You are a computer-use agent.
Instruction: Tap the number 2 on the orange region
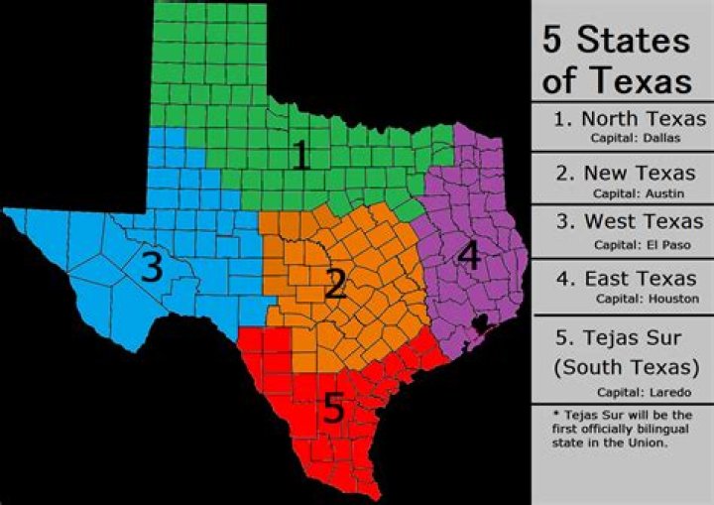pyautogui.click(x=336, y=284)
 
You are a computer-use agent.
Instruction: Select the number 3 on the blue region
pyautogui.click(x=151, y=268)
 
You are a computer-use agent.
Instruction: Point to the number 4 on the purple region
pyautogui.click(x=468, y=256)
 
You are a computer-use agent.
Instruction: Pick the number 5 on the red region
pyautogui.click(x=334, y=408)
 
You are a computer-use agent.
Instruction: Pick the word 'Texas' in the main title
pyautogui.click(x=646, y=79)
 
